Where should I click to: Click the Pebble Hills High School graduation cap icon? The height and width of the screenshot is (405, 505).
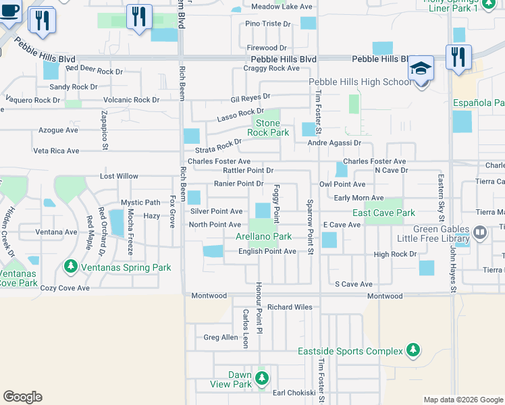[x=420, y=70]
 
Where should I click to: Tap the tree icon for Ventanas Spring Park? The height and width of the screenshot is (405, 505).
[x=71, y=267]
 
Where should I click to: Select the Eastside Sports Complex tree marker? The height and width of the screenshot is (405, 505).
[x=412, y=350]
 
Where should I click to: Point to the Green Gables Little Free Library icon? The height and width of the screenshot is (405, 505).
[x=480, y=233]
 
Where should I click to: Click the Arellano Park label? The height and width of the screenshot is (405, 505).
[x=263, y=236]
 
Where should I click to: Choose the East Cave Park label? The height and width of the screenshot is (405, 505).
[x=383, y=213]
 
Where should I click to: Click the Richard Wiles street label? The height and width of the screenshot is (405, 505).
[x=290, y=307]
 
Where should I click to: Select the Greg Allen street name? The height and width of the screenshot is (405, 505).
[x=221, y=337]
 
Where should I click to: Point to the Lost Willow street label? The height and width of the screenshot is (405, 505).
[x=119, y=176]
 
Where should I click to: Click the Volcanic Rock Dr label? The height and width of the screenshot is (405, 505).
[x=132, y=100]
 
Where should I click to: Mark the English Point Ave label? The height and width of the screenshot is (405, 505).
[x=267, y=251]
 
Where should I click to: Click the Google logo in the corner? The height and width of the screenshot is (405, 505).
[x=22, y=397]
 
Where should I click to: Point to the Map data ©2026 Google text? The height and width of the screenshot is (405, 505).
[x=462, y=400]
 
